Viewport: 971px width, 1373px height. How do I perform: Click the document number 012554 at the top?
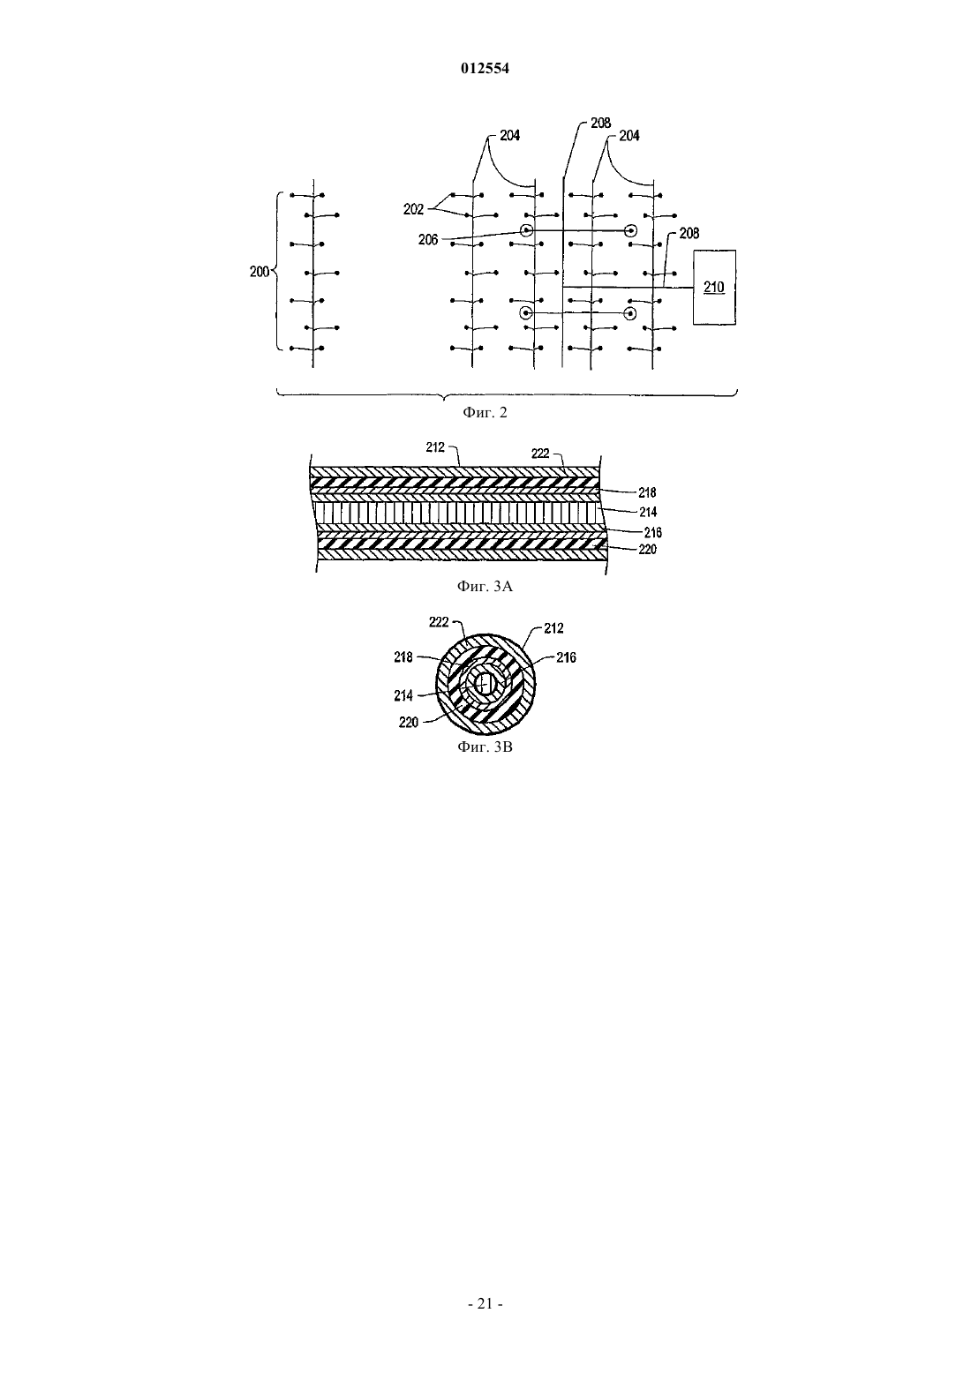[x=485, y=68]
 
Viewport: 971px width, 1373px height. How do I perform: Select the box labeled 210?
[x=714, y=287]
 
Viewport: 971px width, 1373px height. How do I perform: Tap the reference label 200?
[x=260, y=272]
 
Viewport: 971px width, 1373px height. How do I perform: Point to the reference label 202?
[x=413, y=209]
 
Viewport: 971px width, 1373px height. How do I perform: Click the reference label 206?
[x=428, y=240]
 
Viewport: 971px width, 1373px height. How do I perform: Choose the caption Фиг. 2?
[x=485, y=412]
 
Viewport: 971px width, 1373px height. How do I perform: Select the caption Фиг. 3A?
[x=485, y=587]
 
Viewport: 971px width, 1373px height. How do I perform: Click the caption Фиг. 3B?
[x=485, y=747]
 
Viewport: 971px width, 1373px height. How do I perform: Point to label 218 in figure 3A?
[x=647, y=492]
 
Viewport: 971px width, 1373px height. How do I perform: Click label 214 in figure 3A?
[x=648, y=512]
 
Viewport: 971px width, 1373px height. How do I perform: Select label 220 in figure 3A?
[x=647, y=549]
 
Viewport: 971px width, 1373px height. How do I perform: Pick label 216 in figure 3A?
[x=653, y=533]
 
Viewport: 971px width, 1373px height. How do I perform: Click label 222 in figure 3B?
[x=439, y=622]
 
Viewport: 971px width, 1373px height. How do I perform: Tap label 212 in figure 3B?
[x=553, y=628]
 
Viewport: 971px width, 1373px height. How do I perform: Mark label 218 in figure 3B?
[x=403, y=657]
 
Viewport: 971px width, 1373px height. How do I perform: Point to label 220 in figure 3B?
[x=408, y=723]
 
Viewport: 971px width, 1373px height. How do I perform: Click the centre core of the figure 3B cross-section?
[x=485, y=684]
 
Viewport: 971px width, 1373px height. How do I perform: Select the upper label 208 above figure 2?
[x=601, y=124]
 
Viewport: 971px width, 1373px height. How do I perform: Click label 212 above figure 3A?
[x=435, y=447]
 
